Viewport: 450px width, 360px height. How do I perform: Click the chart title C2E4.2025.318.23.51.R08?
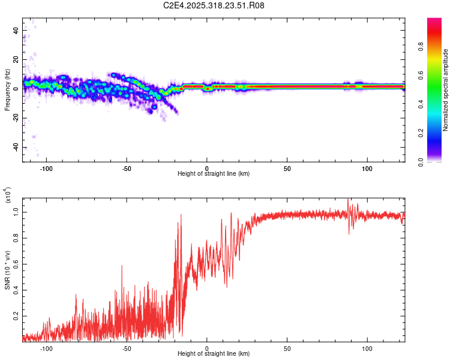[214, 5]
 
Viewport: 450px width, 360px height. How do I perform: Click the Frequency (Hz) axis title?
[7, 90]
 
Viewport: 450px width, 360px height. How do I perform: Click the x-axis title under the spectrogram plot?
[214, 174]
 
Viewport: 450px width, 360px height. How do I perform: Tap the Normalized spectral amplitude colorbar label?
[445, 90]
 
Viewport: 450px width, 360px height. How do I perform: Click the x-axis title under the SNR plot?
[214, 354]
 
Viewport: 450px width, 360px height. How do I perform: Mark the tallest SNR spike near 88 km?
[349, 200]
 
